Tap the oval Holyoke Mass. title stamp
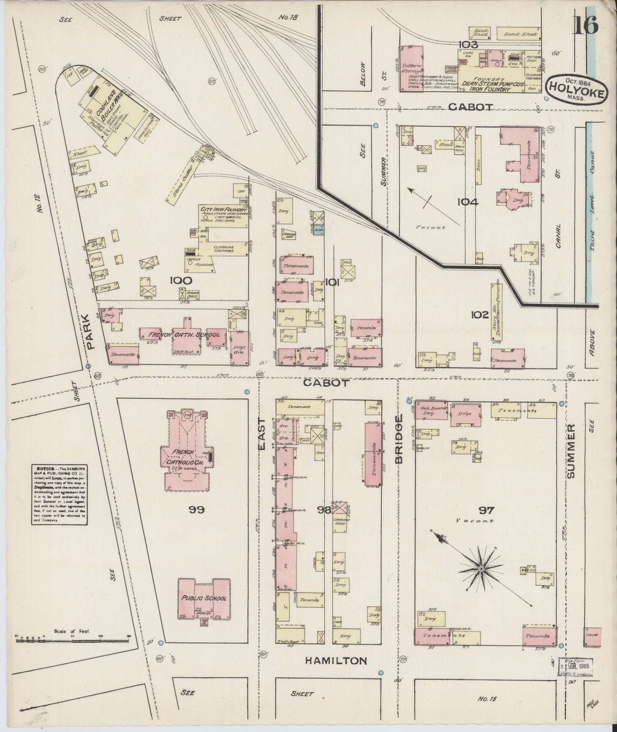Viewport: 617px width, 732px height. (x=576, y=89)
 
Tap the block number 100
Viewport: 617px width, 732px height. (x=181, y=281)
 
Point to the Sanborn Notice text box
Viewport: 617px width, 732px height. (x=59, y=495)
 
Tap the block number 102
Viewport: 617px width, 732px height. (x=479, y=315)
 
